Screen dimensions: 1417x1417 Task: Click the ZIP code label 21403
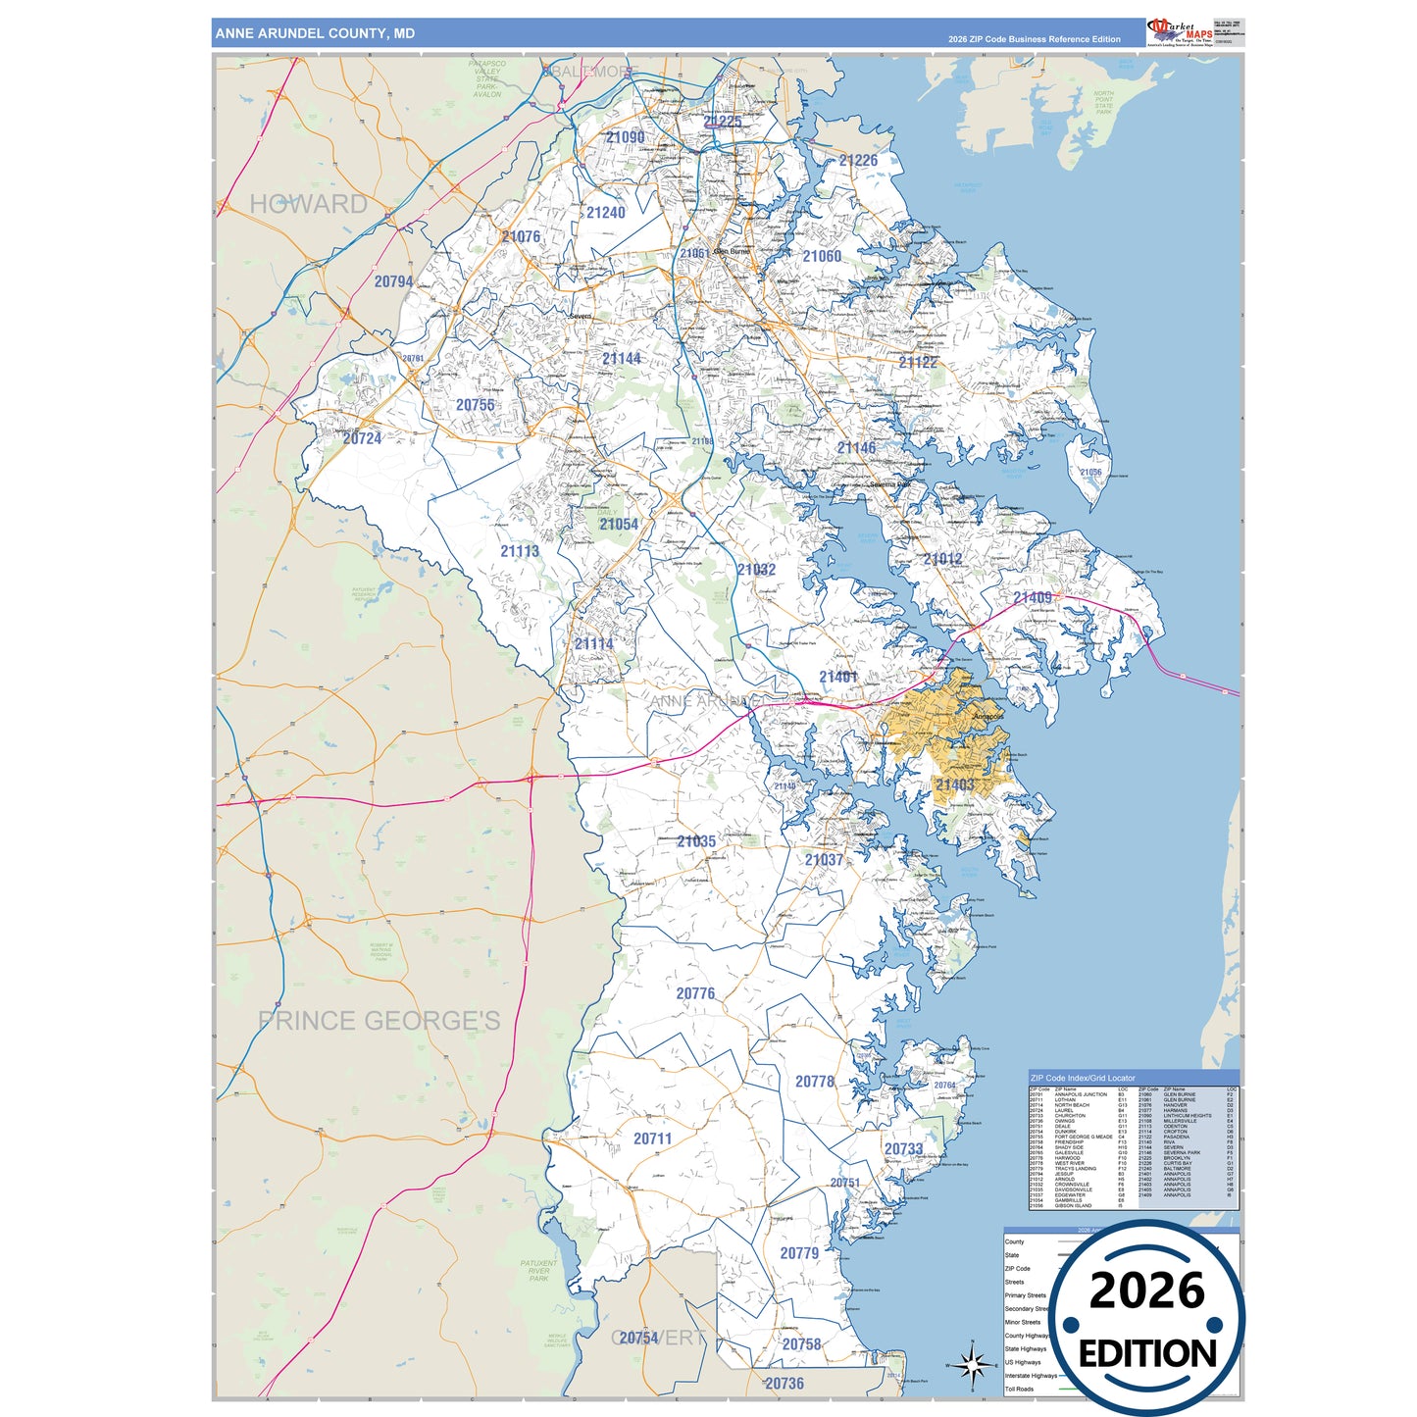tap(954, 784)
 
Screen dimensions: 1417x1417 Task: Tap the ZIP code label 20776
tap(695, 993)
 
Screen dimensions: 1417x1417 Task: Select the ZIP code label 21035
tap(695, 841)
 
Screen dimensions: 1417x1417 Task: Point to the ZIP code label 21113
tap(520, 551)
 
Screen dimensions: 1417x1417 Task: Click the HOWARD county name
tap(308, 204)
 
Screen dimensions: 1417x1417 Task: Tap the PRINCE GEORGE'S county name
tap(379, 1021)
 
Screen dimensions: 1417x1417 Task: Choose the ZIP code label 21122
tap(918, 362)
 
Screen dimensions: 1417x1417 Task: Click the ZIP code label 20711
tap(652, 1139)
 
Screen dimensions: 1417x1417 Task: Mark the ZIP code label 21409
tap(1033, 597)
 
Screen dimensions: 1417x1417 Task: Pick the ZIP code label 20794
tap(393, 281)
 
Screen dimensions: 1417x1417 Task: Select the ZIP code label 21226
tap(858, 161)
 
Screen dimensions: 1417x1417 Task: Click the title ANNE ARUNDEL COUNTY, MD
tap(315, 33)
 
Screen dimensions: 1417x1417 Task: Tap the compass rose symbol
tap(972, 1364)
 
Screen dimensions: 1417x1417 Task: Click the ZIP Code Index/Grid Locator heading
tap(1082, 1078)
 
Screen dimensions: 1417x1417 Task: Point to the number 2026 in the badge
tap(1146, 1290)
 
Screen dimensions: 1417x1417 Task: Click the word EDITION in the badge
tap(1147, 1354)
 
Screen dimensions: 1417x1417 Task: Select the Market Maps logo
tap(1180, 31)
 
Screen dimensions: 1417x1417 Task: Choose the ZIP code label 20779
tap(799, 1253)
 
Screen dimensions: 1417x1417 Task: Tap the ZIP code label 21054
tap(619, 525)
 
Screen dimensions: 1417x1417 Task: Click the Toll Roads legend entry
tap(1019, 1389)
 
